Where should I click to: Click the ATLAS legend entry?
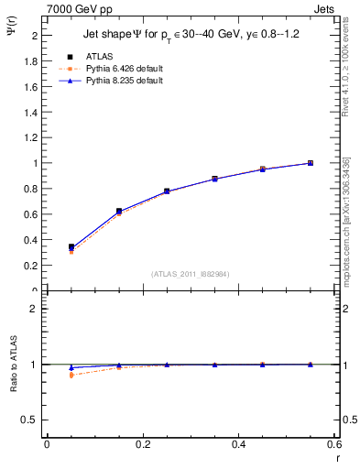tap(99, 56)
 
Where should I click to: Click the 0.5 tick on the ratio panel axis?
tap(31, 420)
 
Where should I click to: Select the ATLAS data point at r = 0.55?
tap(311, 163)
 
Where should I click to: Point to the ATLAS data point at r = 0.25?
tap(167, 191)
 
